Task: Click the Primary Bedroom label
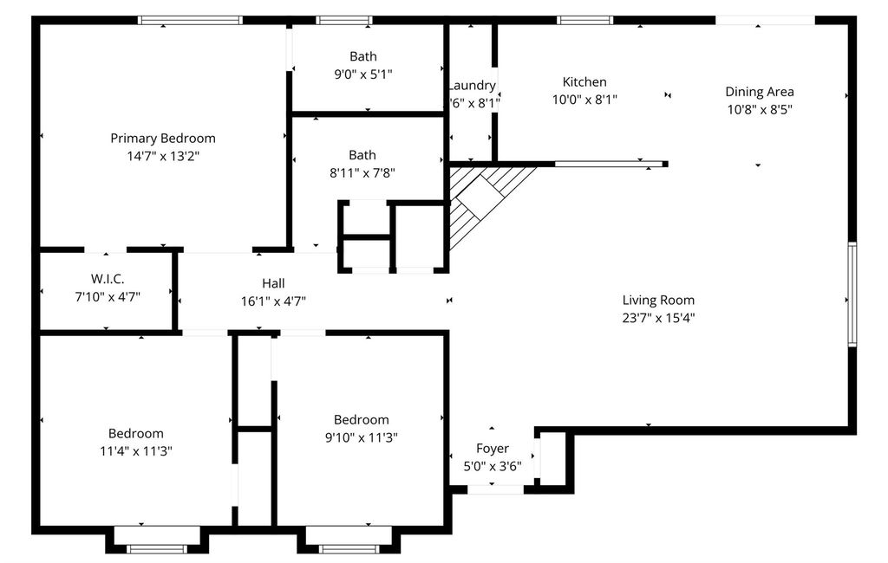tap(162, 139)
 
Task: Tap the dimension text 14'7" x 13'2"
tap(163, 156)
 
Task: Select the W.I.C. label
tap(108, 279)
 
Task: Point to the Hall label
tap(273, 283)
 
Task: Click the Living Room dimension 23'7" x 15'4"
tap(659, 318)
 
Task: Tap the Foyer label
tap(493, 449)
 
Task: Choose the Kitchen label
tap(584, 82)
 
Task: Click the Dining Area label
tap(760, 92)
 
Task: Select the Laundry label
tap(472, 86)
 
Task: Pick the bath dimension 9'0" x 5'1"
tap(363, 74)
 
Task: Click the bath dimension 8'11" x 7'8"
tap(362, 172)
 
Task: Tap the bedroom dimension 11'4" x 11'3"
tap(136, 451)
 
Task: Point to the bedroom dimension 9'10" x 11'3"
tap(362, 437)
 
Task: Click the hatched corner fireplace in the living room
tap(481, 198)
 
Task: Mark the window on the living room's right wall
tap(852, 294)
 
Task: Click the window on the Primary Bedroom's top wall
tap(190, 21)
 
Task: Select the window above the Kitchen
tap(585, 21)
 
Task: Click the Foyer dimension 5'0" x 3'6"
tap(493, 467)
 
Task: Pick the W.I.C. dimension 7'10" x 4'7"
tap(108, 296)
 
